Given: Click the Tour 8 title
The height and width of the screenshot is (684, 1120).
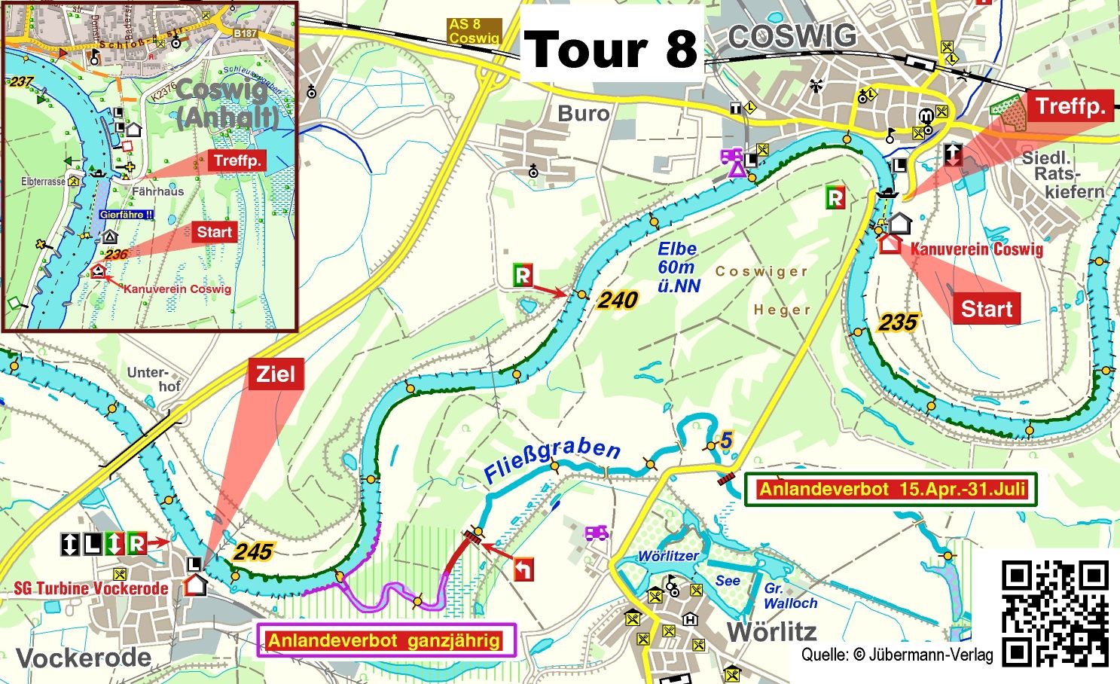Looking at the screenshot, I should coord(611,49).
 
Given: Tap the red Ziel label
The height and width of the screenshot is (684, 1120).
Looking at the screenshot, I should coord(275,374).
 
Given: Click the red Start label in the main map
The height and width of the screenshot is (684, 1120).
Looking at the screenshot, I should coord(986,309).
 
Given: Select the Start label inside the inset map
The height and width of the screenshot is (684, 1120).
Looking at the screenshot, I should coord(214,232).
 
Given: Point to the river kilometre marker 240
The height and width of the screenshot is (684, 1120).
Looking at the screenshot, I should coord(618,300).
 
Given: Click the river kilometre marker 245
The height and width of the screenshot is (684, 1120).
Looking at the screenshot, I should coord(252,551).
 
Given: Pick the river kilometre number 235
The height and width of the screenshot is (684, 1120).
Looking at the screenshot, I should coord(898,322).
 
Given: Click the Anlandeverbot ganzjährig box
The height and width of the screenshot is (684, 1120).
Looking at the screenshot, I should coord(386,641).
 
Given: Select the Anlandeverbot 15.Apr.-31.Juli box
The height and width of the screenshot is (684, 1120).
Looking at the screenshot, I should coord(892,490).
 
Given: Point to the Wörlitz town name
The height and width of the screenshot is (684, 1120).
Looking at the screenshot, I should coord(771,631).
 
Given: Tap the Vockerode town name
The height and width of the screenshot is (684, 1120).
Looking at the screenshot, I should coord(84,658).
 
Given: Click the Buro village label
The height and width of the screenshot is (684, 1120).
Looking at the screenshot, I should coord(583,114).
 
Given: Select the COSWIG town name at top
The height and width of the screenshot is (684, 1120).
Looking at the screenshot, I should coord(792,36).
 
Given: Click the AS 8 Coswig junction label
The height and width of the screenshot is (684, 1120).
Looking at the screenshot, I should coord(474,31).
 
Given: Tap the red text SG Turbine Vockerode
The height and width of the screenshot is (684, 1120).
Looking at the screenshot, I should coord(90,588).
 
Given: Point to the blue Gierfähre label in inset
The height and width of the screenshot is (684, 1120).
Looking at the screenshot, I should coord(126,215).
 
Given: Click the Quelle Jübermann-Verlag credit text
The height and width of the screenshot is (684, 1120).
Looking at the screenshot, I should coord(896,655).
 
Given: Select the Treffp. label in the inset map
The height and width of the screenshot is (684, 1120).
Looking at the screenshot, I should coord(237,160).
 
